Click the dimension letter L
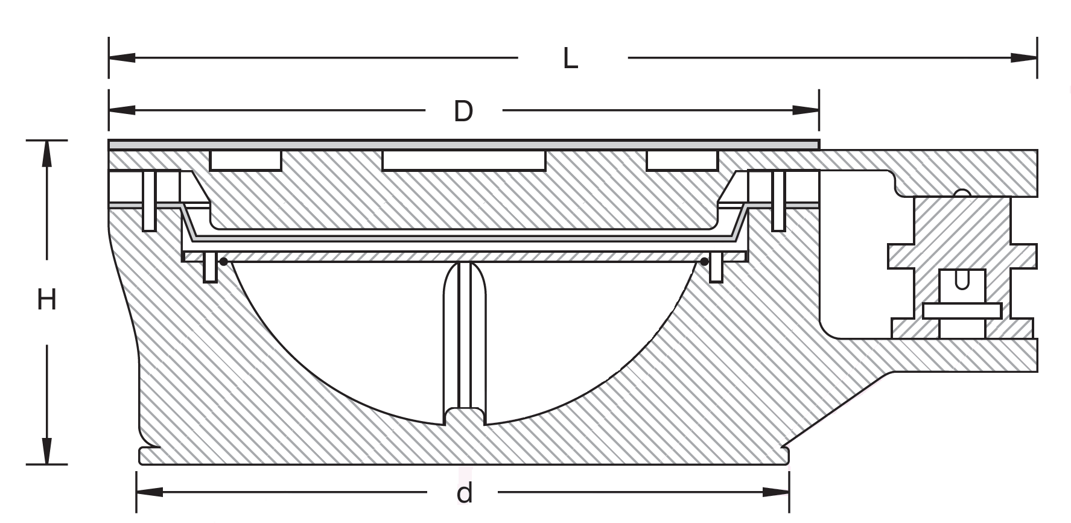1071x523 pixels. tap(570, 59)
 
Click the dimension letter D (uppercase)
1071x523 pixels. tap(463, 112)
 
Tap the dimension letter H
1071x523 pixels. tap(46, 300)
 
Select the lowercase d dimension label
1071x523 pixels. tap(464, 493)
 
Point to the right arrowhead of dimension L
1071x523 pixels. tap(1024, 58)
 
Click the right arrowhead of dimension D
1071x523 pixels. tap(806, 110)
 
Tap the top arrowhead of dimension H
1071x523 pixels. tap(46, 154)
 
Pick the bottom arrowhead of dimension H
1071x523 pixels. tap(46, 451)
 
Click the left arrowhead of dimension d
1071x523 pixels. tap(150, 492)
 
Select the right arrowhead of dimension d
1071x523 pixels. tap(776, 492)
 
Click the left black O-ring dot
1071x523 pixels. tap(224, 262)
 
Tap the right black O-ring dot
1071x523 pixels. tap(704, 262)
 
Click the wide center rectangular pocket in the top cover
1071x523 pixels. tap(463, 161)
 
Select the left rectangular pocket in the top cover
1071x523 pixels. tap(246, 161)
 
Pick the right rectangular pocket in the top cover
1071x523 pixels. tap(682, 161)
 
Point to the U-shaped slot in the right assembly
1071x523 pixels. tap(962, 281)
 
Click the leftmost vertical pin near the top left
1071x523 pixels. tap(149, 201)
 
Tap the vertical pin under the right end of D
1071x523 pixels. tap(779, 201)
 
